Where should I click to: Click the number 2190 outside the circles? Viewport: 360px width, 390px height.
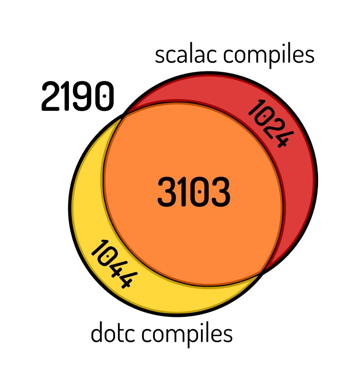pyautogui.click(x=77, y=96)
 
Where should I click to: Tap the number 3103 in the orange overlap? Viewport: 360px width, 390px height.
pyautogui.click(x=193, y=192)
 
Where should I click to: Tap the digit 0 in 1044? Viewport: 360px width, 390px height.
pyautogui.click(x=106, y=258)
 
